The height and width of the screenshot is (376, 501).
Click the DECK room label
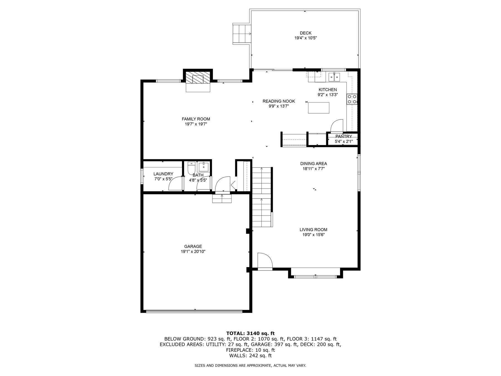[306, 33]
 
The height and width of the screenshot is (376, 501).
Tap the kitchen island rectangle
[318, 108]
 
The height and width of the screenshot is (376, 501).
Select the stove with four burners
[352, 99]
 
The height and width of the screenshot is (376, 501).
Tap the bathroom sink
[203, 167]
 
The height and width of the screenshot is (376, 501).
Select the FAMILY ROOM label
[196, 119]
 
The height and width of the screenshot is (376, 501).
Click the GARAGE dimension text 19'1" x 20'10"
[193, 252]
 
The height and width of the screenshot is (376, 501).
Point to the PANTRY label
[344, 136]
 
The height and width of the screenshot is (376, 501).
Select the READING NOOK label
[279, 101]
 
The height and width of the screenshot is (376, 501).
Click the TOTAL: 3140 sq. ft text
[250, 333]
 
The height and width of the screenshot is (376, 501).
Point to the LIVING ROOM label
[313, 230]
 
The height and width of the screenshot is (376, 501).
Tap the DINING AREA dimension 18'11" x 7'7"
[314, 169]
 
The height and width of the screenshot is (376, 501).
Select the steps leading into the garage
[222, 199]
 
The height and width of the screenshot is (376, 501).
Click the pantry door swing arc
[337, 125]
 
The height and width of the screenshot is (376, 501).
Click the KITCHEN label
[328, 90]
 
